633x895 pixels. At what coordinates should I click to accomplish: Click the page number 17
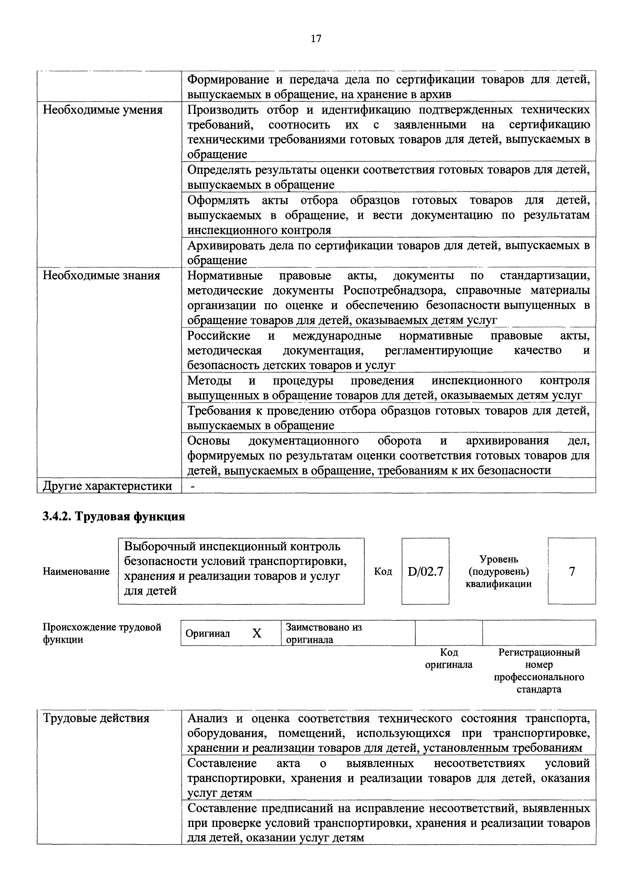pyautogui.click(x=316, y=39)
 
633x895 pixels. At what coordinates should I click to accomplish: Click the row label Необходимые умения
pyautogui.click(x=103, y=110)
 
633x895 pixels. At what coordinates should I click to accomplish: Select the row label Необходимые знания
pyautogui.click(x=101, y=276)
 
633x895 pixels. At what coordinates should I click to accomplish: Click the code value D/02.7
pyautogui.click(x=425, y=572)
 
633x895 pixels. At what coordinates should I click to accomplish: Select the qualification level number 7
pyautogui.click(x=572, y=572)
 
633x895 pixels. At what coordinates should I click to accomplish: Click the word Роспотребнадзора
pyautogui.click(x=395, y=290)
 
